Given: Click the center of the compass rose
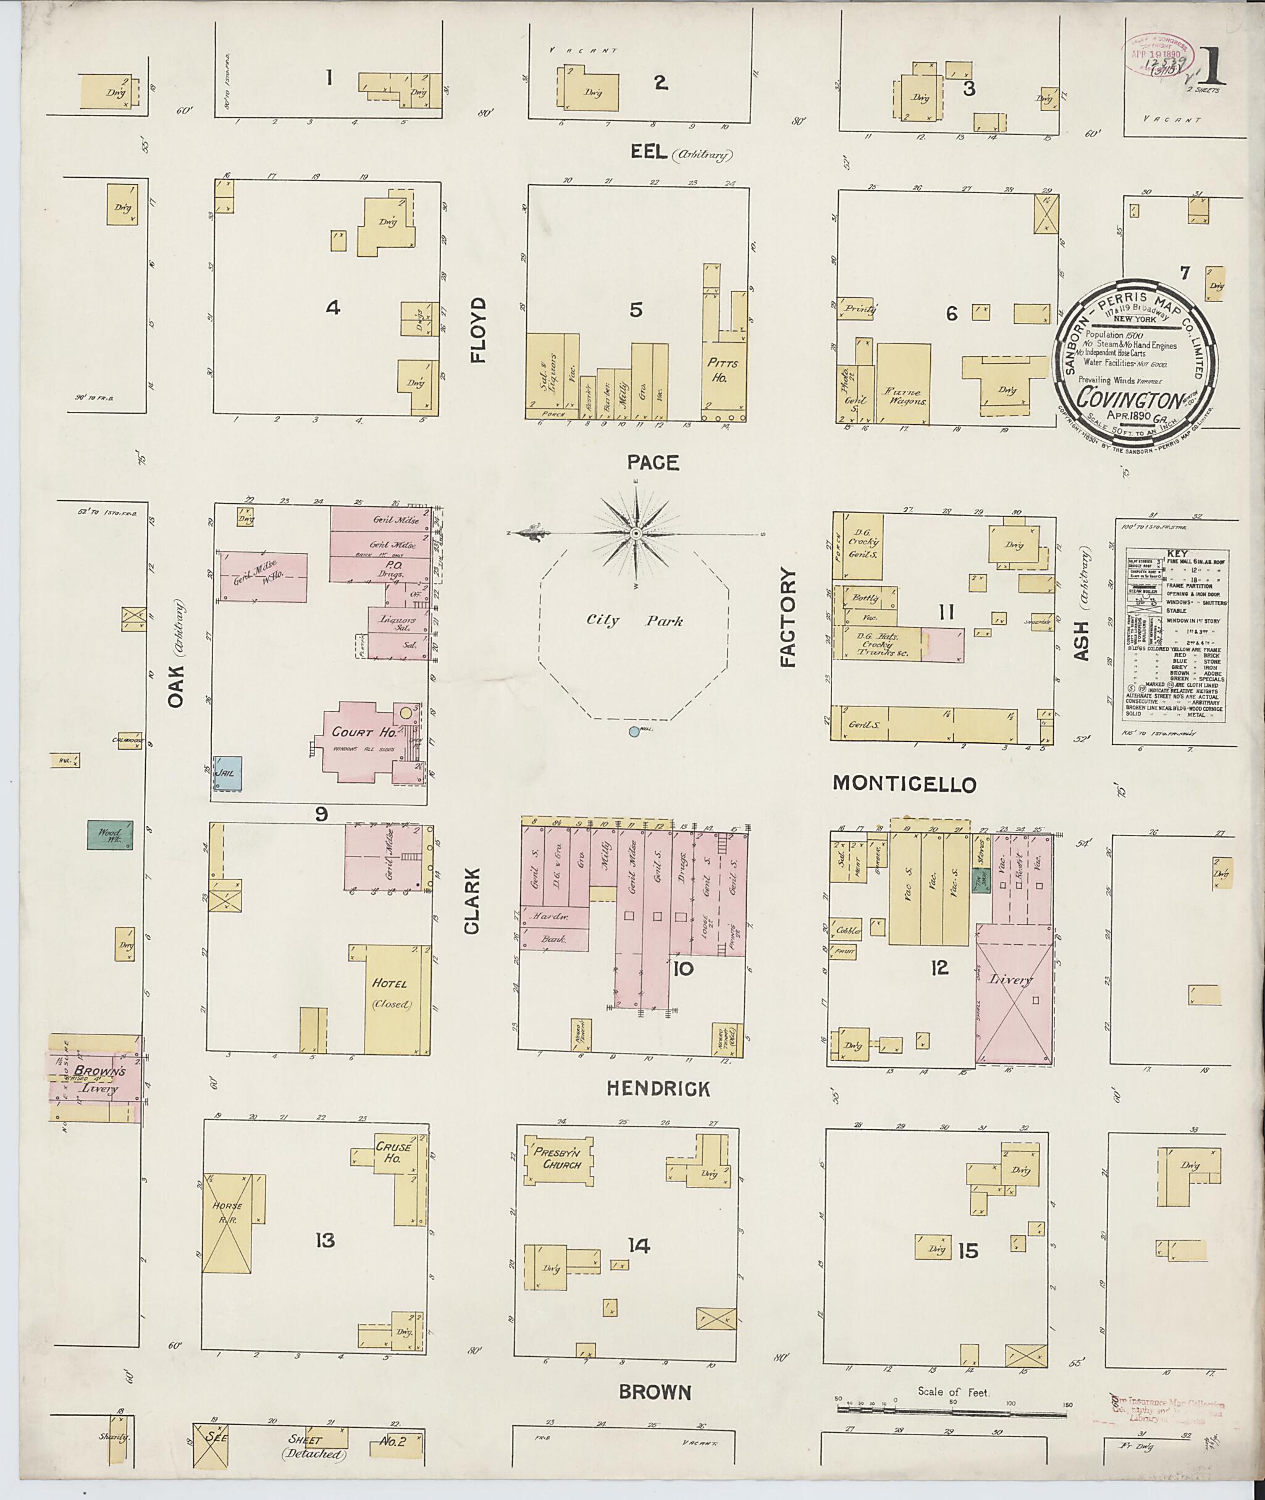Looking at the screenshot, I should pyautogui.click(x=636, y=534).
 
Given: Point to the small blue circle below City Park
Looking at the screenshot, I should pyautogui.click(x=633, y=732).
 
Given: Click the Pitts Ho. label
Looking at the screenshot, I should pyautogui.click(x=721, y=371).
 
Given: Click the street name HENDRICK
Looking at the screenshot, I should pyautogui.click(x=658, y=1089).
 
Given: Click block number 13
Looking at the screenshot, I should pyautogui.click(x=326, y=1240).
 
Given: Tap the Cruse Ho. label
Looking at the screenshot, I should pyautogui.click(x=392, y=1152).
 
